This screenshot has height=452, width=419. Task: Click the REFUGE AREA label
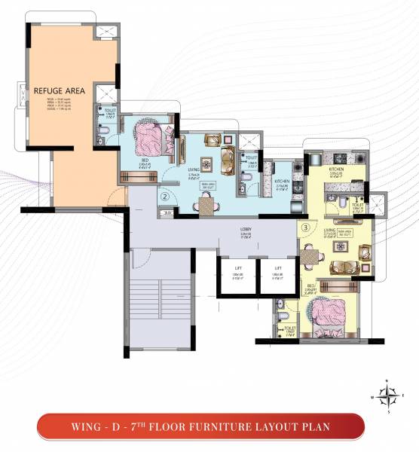coord(58,91)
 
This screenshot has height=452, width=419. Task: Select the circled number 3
coord(305,225)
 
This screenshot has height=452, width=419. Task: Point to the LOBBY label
coord(246,229)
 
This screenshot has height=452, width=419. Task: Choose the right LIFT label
coord(277,268)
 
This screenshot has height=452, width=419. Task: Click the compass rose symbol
coord(388,394)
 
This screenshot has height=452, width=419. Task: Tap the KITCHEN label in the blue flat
coord(283,182)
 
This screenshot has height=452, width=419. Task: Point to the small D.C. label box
coord(167,214)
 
